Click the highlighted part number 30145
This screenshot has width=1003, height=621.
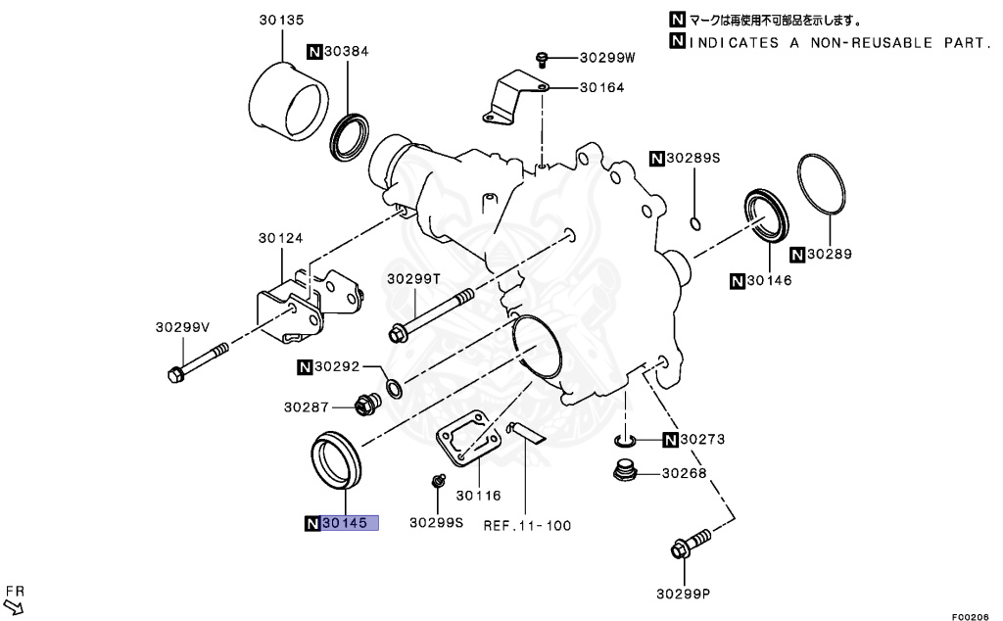[x=350, y=523]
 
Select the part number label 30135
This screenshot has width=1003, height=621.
[x=281, y=18]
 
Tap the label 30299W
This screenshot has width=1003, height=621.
[x=607, y=58]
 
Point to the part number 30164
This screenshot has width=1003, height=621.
[x=601, y=87]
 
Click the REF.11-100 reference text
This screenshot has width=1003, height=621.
[x=527, y=525]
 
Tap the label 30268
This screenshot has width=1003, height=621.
[x=684, y=473]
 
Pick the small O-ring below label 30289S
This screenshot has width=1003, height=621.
[x=694, y=222]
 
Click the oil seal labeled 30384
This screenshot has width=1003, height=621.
[x=350, y=135]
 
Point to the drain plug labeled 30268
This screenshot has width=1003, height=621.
[x=623, y=472]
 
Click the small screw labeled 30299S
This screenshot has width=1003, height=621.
[x=439, y=481]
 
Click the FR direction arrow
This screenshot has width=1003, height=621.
[x=15, y=597]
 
